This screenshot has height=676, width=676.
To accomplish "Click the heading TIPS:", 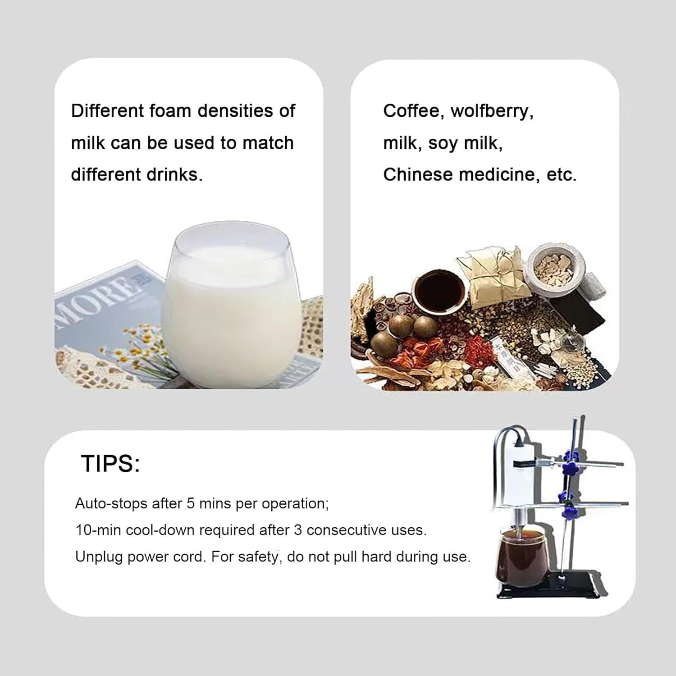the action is coord(111,463).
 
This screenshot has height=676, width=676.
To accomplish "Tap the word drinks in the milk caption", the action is coord(178,174).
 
